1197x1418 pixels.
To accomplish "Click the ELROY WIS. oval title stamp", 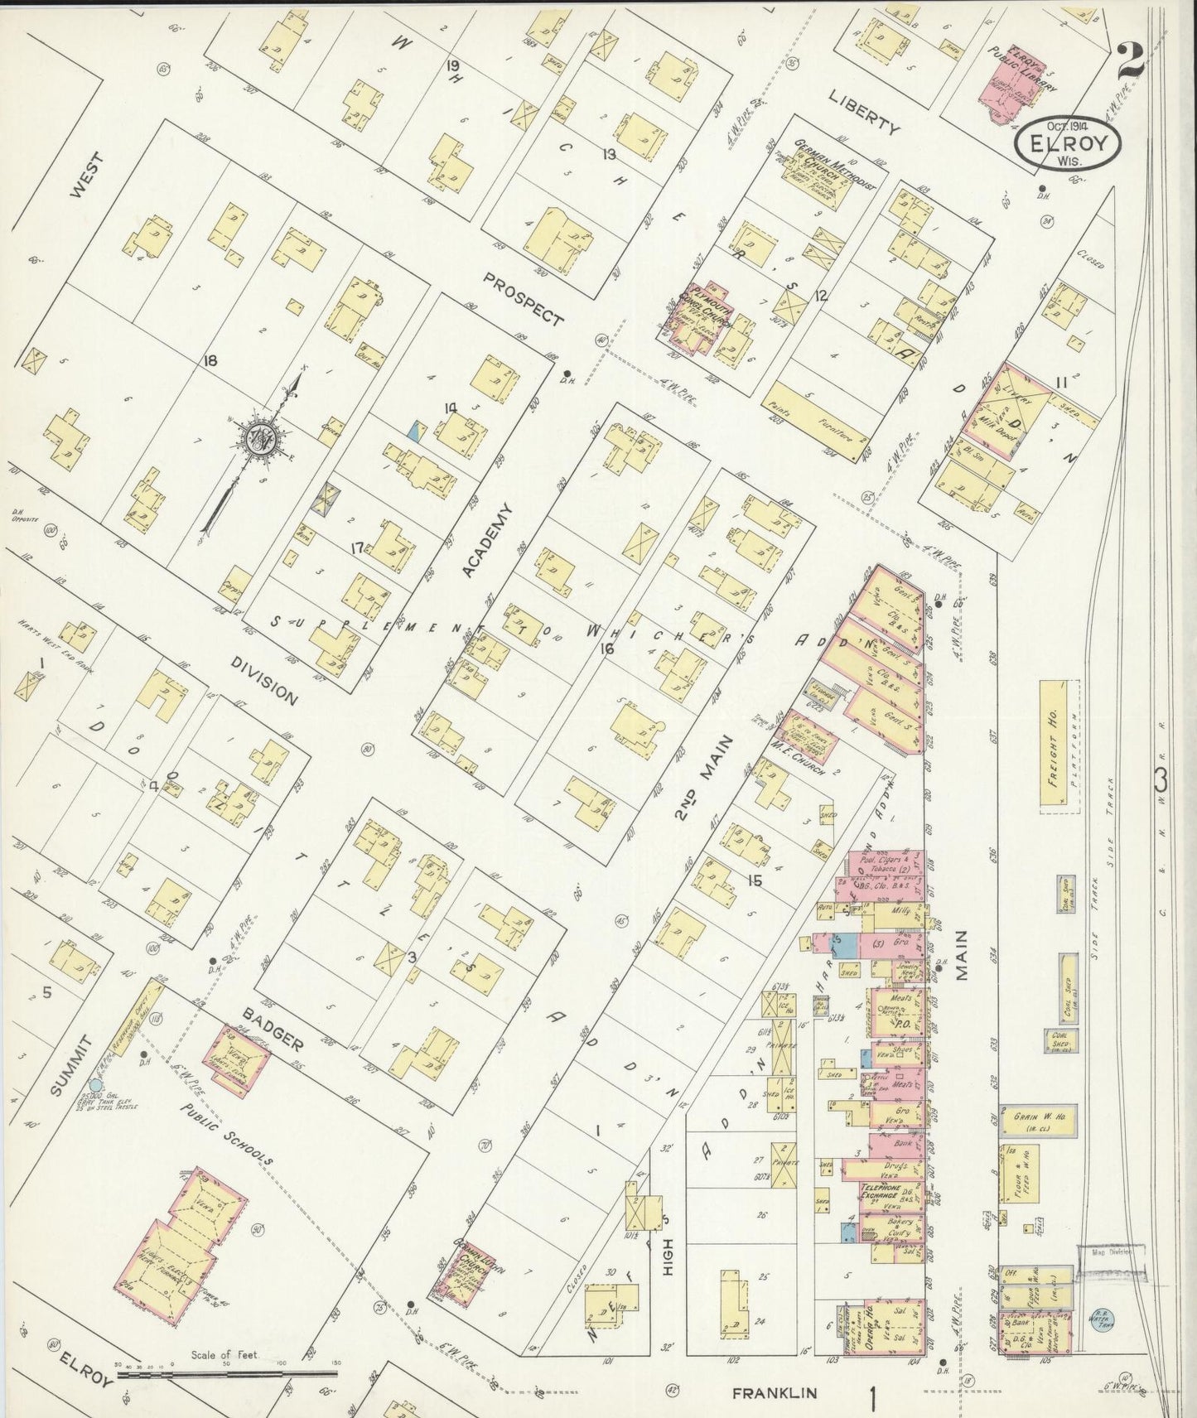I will [x=1068, y=143].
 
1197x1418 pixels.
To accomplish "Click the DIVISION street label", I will [x=263, y=682].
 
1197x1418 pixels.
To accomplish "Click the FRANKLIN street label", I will [x=775, y=1394].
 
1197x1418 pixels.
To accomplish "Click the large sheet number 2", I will [x=1130, y=60].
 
